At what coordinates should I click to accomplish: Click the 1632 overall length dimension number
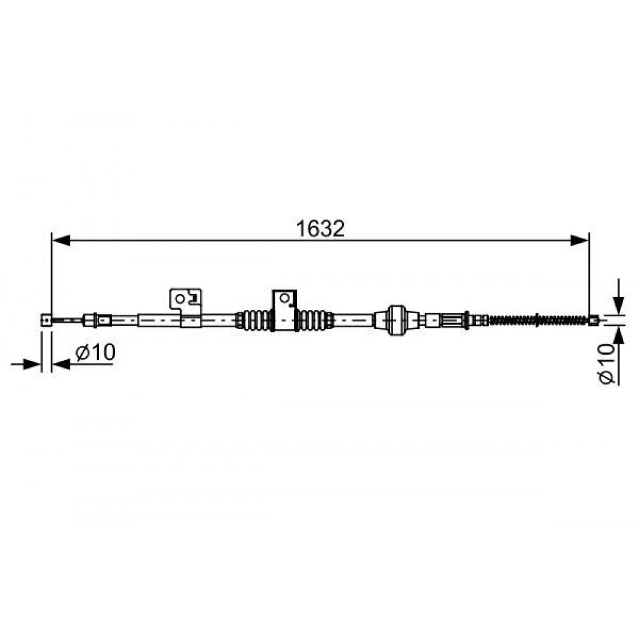pyautogui.click(x=320, y=229)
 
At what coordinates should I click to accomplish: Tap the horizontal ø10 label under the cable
pyautogui.click(x=95, y=353)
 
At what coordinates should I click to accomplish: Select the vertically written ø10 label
pyautogui.click(x=606, y=363)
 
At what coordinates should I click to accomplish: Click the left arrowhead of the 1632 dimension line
pyautogui.click(x=61, y=240)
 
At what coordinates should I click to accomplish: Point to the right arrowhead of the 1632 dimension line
pyautogui.click(x=580, y=240)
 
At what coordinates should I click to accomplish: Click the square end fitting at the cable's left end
pyautogui.click(x=47, y=320)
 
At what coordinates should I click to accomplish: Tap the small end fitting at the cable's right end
pyautogui.click(x=594, y=320)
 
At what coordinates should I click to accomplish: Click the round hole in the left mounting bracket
pyautogui.click(x=180, y=298)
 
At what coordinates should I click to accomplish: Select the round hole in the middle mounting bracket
pyautogui.click(x=284, y=298)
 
